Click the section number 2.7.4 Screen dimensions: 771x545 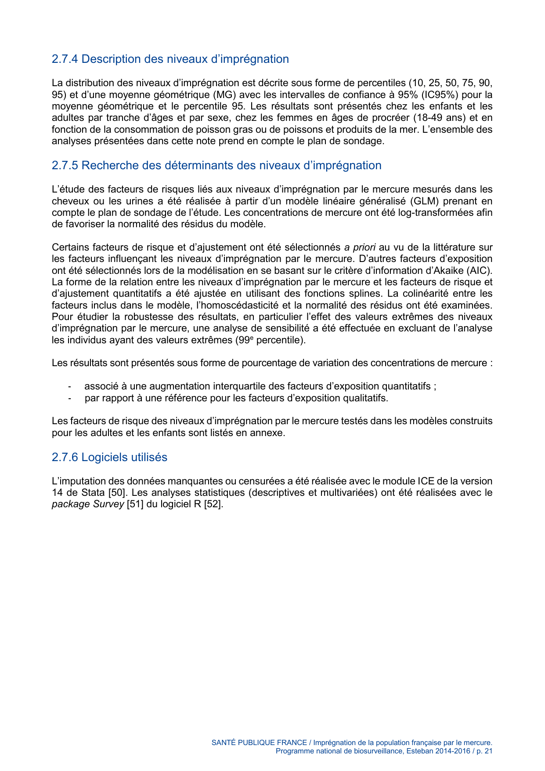pyautogui.click(x=65, y=59)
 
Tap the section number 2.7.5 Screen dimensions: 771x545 pyautogui.click(x=65, y=165)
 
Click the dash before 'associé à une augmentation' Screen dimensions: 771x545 pyautogui.click(x=70, y=387)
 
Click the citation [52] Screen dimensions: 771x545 pyautogui.click(x=213, y=504)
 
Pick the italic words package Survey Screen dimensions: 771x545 pyautogui.click(x=87, y=504)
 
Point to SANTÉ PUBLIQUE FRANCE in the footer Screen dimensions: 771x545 pyautogui.click(x=259, y=742)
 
